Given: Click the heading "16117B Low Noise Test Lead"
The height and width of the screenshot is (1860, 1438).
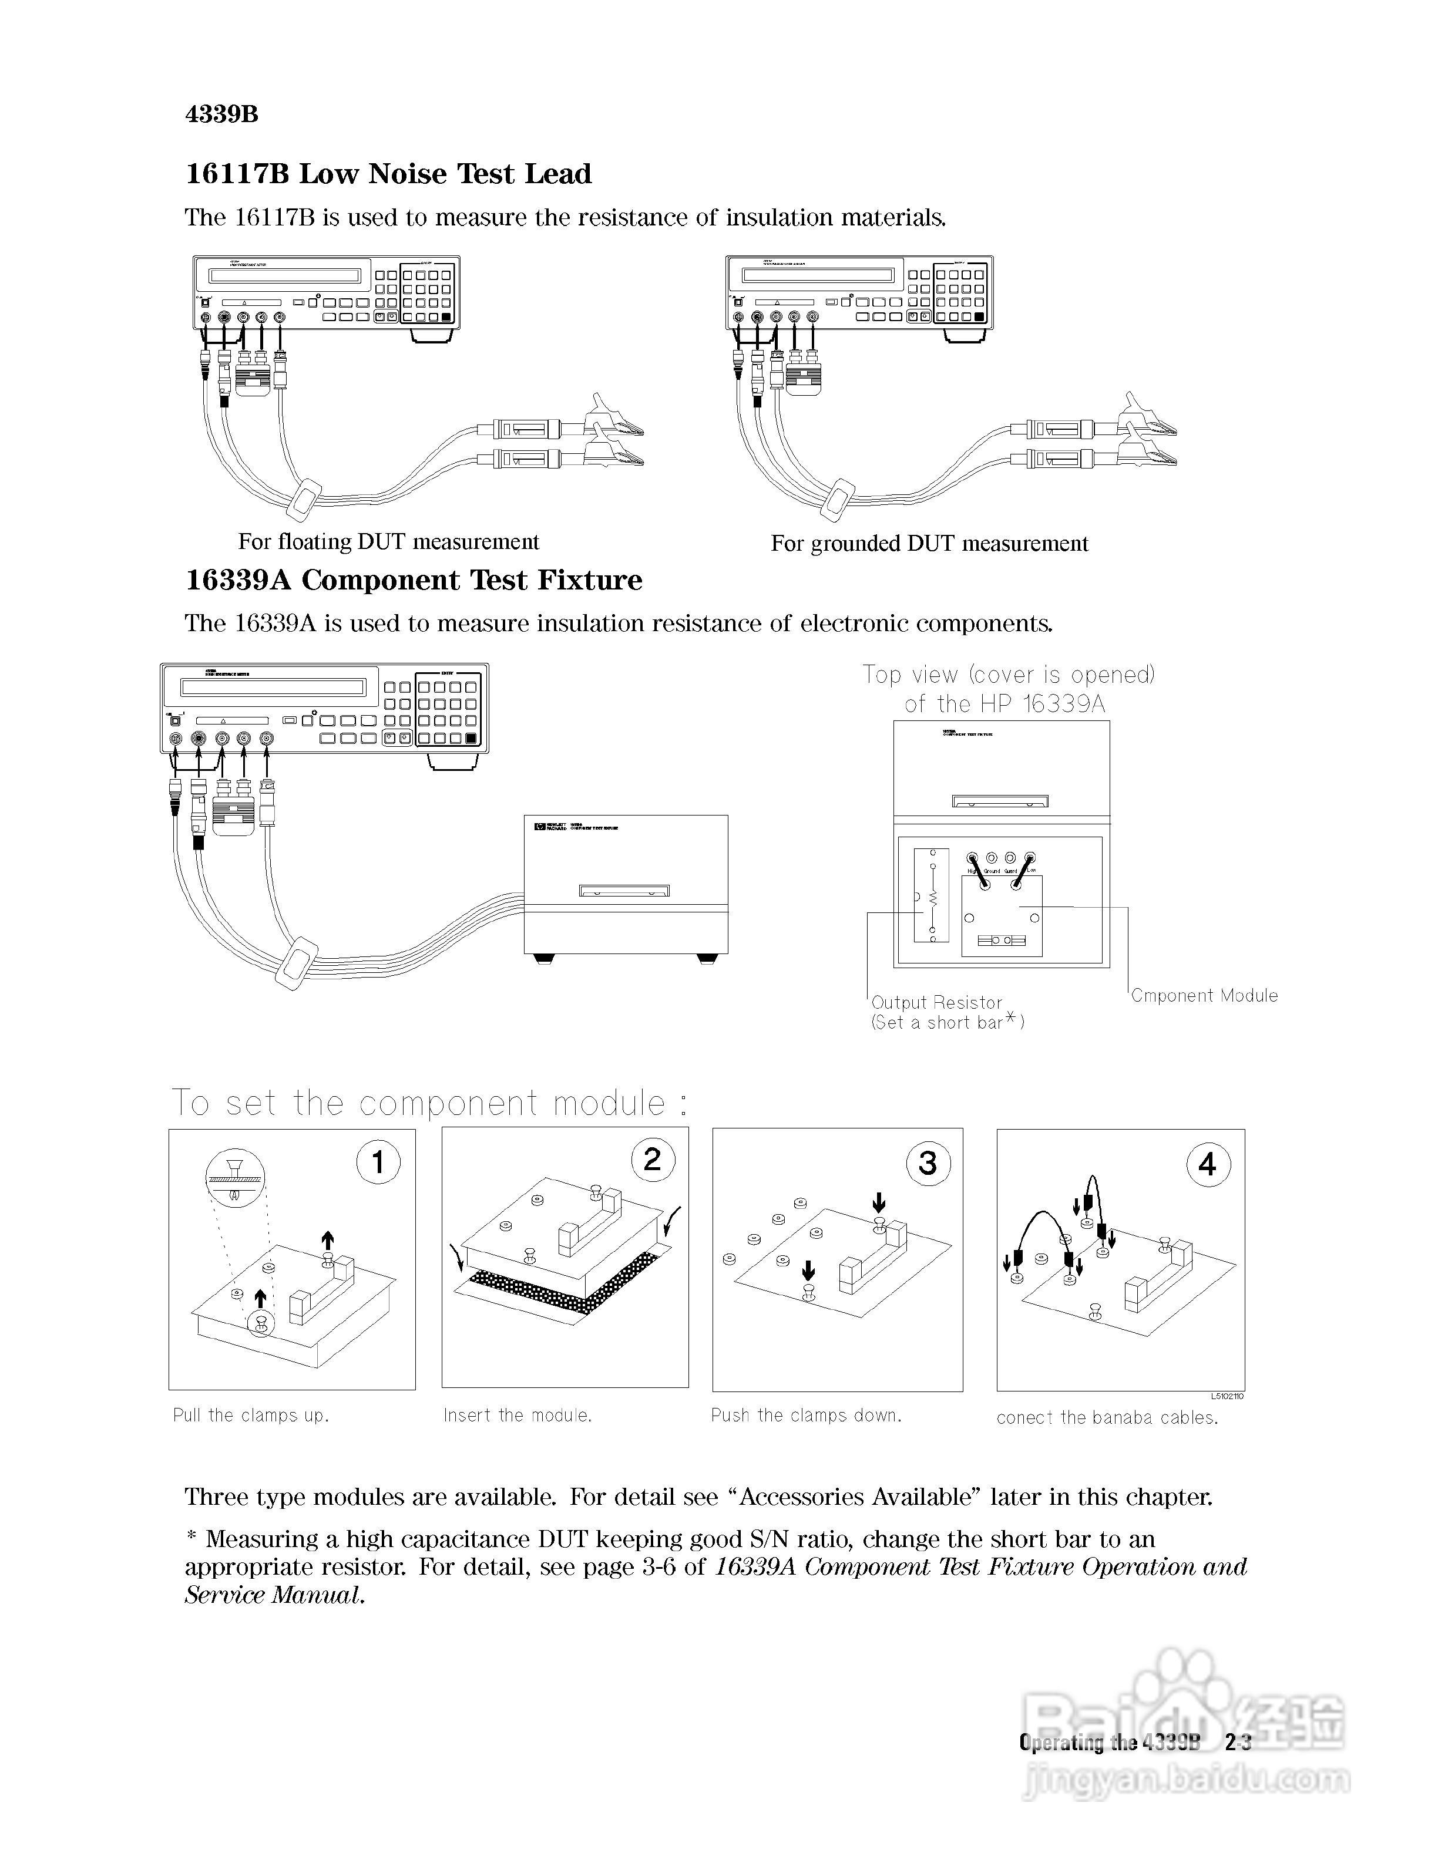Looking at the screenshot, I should pyautogui.click(x=388, y=174).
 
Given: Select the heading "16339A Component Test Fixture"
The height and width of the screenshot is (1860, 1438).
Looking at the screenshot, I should pyautogui.click(x=414, y=580).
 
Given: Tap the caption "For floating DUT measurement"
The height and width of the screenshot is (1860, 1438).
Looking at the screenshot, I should pyautogui.click(x=388, y=542).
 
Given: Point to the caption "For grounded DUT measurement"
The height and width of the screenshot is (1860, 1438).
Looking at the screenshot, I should pyautogui.click(x=929, y=543).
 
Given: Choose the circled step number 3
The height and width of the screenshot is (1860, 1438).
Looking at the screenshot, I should pyautogui.click(x=928, y=1162).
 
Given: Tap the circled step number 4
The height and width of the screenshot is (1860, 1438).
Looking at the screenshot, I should pyautogui.click(x=1208, y=1164).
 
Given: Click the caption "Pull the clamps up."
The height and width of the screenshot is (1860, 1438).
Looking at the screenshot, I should pyautogui.click(x=250, y=1416).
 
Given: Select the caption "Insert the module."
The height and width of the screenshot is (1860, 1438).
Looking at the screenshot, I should pyautogui.click(x=517, y=1416).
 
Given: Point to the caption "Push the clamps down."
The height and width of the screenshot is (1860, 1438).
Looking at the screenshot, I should pyautogui.click(x=806, y=1416).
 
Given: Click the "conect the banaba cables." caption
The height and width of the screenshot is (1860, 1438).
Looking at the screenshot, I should pyautogui.click(x=1107, y=1418).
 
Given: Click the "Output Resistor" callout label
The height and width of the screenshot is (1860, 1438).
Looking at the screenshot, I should pyautogui.click(x=936, y=1002).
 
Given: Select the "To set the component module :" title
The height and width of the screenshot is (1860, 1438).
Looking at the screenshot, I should pyautogui.click(x=428, y=1103).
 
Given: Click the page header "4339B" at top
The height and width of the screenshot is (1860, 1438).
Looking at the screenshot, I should pyautogui.click(x=221, y=114).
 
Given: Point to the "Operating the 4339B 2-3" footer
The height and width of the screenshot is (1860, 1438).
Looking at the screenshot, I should pyautogui.click(x=1135, y=1743).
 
